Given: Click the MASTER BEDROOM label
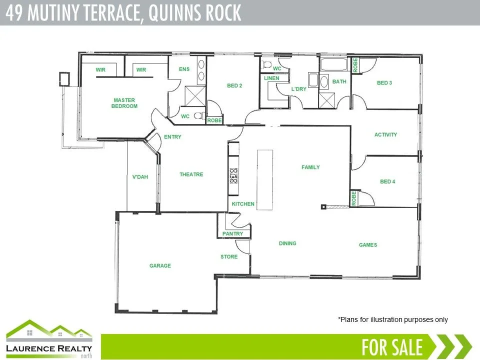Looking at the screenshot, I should coord(124,103).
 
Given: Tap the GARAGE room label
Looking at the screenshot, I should coord(160,266).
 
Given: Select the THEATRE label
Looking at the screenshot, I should coord(191,174).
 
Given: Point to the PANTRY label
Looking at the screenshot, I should coord(233,233).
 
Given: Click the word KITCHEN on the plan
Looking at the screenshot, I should coord(243,204).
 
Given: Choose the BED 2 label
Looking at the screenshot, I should coord(234,85).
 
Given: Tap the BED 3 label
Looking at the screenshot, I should coord(384,82).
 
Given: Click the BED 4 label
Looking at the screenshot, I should coord(387,181).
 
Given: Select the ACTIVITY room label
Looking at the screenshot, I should coord(386,134).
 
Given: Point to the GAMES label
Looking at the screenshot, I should coord(368,245).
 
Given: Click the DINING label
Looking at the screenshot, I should coord(287,243).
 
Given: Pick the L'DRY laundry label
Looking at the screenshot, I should coord(298,89).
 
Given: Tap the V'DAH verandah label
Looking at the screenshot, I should coord(140,177).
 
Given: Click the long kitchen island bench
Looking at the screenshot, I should coord(265,180).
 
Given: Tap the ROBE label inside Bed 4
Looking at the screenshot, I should coord(353,198).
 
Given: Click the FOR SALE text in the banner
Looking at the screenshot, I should coord(392,346).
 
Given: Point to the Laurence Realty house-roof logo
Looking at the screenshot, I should coord(48,330).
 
